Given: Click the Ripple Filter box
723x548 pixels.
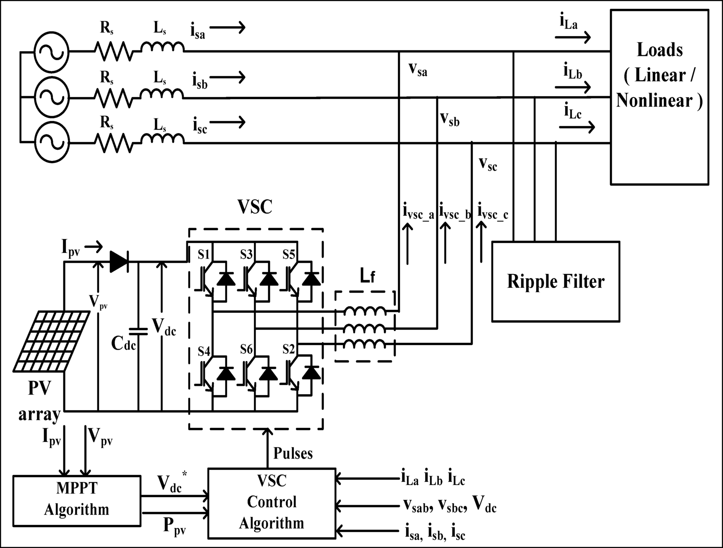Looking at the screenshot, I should click(x=555, y=281).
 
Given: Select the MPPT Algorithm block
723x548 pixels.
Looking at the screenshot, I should click(x=77, y=500).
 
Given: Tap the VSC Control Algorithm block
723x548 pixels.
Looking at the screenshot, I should click(x=272, y=503).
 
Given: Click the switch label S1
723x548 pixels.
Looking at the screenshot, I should click(x=204, y=254).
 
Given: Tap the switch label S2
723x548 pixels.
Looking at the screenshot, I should click(x=289, y=349).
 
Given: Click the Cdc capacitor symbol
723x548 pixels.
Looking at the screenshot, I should click(x=138, y=332).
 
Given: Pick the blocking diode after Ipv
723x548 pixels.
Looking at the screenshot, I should click(x=119, y=262).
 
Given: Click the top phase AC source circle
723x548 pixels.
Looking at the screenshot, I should click(x=51, y=52).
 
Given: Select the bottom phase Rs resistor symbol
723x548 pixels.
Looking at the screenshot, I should click(x=112, y=143).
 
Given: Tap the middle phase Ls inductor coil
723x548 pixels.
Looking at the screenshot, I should click(x=162, y=94).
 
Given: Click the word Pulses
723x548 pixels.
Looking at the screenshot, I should click(x=293, y=454).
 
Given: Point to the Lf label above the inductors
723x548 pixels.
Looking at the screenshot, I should click(x=367, y=276).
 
